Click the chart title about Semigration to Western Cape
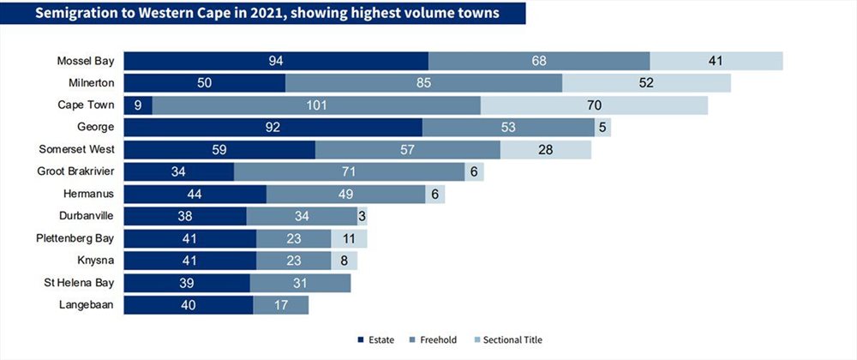click(261, 14)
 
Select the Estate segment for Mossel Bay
click(276, 61)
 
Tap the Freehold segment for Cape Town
click(317, 105)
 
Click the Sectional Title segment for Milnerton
click(646, 83)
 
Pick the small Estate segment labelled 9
click(138, 105)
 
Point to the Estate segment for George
click(273, 127)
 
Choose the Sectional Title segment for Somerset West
click(546, 149)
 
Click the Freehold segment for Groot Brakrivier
click(349, 171)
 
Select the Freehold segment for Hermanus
click(346, 194)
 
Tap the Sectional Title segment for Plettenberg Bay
click(349, 238)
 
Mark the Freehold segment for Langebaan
click(280, 305)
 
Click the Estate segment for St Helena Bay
click(187, 283)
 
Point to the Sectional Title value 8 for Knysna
click(345, 261)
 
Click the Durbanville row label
click(89, 216)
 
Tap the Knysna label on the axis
click(97, 261)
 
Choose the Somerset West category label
click(78, 149)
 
